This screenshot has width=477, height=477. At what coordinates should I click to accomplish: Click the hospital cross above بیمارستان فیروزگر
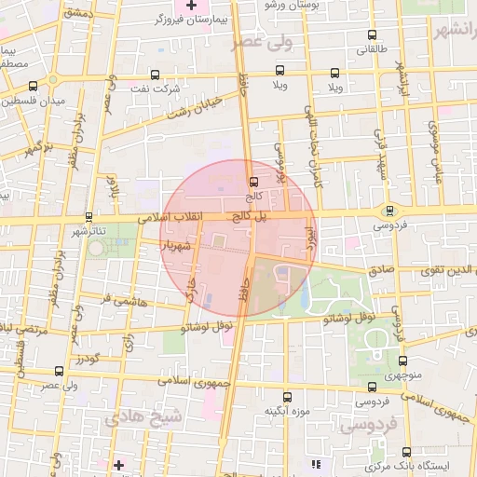[191, 7]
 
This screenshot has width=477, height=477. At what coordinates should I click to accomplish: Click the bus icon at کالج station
[253, 183]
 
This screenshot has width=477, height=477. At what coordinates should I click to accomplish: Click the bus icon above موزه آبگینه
[286, 396]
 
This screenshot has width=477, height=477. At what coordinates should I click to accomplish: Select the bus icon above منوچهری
[402, 361]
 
